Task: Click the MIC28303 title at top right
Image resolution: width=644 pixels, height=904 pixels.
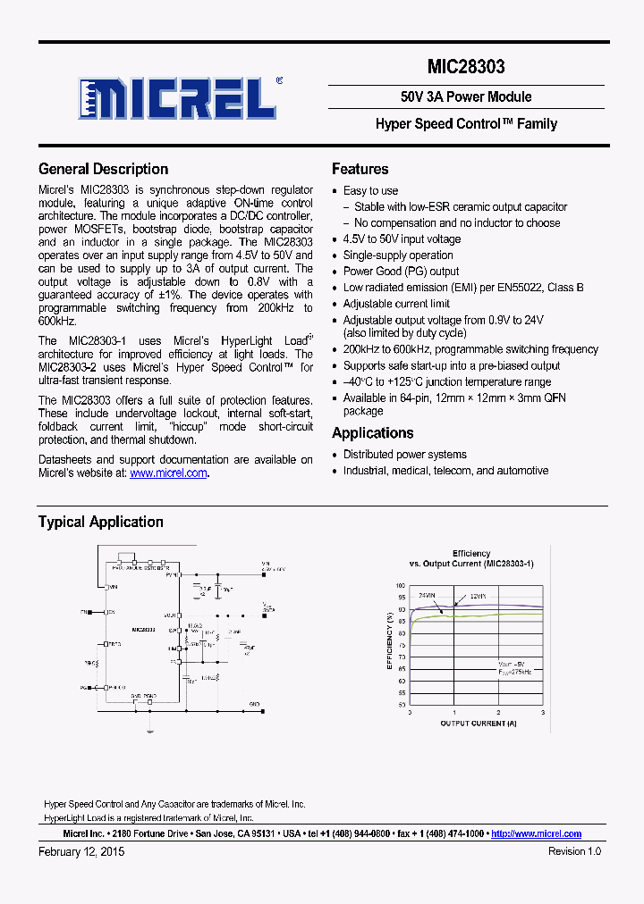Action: click(x=465, y=67)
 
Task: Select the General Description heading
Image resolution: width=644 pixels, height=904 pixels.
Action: click(x=103, y=169)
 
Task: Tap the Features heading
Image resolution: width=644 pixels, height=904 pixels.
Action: click(x=360, y=169)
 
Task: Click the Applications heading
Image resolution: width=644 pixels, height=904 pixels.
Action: click(x=372, y=433)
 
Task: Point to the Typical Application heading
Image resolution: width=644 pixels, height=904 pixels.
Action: click(x=100, y=522)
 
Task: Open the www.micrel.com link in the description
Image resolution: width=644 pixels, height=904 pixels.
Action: click(x=168, y=473)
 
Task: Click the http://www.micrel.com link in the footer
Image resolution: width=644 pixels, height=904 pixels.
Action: click(x=537, y=833)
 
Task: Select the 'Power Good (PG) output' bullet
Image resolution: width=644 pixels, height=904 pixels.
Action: click(x=401, y=272)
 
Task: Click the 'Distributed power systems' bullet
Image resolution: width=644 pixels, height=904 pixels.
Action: click(x=404, y=455)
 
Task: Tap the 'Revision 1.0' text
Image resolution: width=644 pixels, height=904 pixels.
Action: click(x=574, y=851)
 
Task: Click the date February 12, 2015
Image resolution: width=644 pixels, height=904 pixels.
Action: click(x=81, y=851)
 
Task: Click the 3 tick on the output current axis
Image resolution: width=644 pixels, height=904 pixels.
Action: click(x=542, y=713)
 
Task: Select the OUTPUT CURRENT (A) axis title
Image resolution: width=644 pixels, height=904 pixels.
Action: click(x=478, y=724)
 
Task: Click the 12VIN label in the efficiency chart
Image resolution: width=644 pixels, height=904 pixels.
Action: click(x=476, y=596)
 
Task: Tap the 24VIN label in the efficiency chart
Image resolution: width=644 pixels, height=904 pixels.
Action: click(x=427, y=595)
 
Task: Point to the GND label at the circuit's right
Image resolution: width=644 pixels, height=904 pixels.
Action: click(x=254, y=705)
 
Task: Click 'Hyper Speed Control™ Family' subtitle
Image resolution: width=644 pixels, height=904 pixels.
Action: click(x=465, y=124)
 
